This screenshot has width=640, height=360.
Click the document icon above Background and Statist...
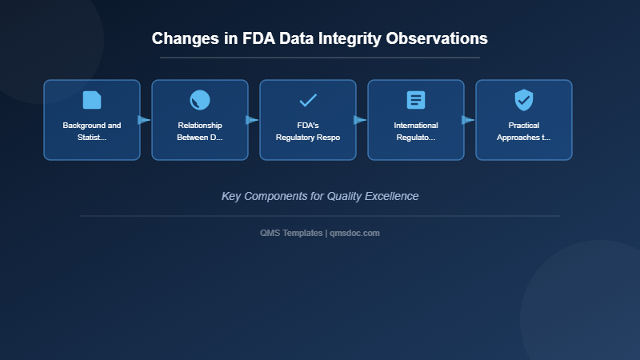(92, 100)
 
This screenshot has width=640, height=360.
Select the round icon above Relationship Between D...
(200, 100)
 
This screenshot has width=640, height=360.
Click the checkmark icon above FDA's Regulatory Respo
(308, 100)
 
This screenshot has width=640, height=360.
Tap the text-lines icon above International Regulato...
(416, 100)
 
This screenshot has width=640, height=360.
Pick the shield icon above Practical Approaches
(524, 100)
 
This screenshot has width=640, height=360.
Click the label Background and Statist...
(92, 131)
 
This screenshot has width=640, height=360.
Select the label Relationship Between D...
(200, 131)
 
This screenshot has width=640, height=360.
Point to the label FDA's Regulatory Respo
(308, 131)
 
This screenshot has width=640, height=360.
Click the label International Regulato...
(416, 131)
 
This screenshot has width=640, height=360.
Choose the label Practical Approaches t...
(524, 131)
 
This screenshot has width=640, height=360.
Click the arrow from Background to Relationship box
(144, 120)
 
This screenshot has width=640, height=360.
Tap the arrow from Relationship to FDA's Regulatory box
(252, 120)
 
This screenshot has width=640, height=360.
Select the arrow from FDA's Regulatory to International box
(360, 120)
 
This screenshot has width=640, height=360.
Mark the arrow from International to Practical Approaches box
(468, 120)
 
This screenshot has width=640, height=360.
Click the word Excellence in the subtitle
(390, 196)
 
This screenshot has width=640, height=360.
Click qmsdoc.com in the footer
(355, 233)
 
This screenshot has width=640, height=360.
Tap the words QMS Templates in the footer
(291, 233)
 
